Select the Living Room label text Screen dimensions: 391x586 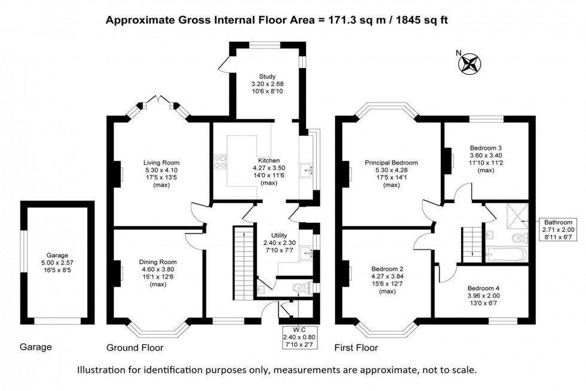tap(161, 162)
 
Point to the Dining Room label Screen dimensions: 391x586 tap(158, 262)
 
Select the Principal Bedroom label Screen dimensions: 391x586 tap(391, 162)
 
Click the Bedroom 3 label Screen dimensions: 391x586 tap(486, 147)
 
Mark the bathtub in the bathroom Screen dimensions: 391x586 tap(506, 254)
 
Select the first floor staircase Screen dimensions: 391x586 tap(472, 240)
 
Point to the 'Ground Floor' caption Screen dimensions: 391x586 tap(135, 348)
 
